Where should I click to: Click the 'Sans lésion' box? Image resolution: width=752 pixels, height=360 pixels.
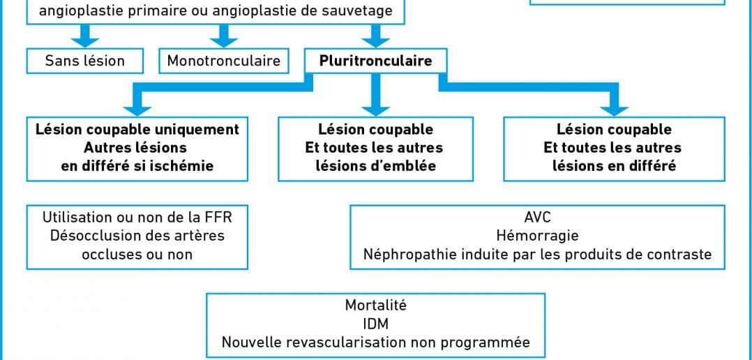pos(85,61)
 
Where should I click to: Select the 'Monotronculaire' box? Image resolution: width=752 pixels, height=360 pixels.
pos(223,61)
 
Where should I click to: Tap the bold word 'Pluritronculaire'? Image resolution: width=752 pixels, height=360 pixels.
pos(375,61)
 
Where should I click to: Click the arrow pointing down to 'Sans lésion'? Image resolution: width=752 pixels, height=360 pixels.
pos(85,36)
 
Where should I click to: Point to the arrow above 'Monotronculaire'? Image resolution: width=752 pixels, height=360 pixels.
pos(223,36)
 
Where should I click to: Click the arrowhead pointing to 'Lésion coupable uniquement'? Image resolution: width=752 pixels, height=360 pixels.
pos(137,110)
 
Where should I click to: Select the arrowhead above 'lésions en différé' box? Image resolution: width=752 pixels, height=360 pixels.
pos(615,110)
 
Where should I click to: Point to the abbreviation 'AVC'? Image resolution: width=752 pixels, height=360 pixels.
pos(538,217)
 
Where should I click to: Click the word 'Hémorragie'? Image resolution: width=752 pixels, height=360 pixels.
pos(538,235)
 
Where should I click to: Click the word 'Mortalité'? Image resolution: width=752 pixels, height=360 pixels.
pos(375,306)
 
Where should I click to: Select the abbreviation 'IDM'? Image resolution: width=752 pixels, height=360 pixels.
pos(375,324)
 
